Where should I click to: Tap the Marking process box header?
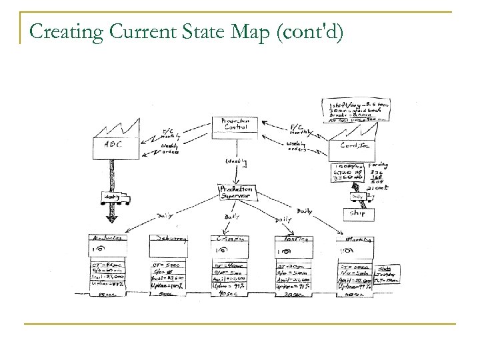pos(355,239)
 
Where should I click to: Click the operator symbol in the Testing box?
pos(283,253)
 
